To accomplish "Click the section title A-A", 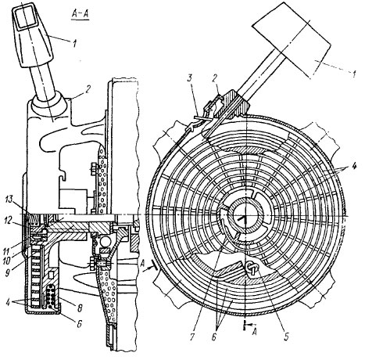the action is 80,15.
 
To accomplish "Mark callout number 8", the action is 80,308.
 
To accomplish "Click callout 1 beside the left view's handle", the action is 74,43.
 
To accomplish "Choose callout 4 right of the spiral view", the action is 354,166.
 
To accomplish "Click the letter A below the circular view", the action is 255,333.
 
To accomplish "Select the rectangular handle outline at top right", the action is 292,41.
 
